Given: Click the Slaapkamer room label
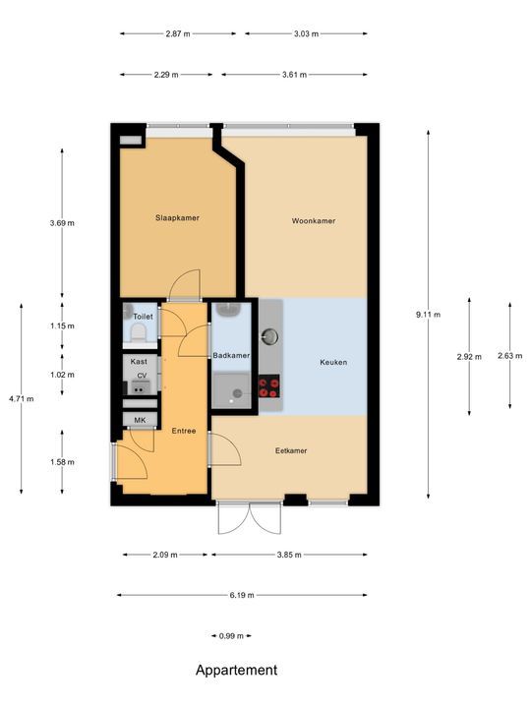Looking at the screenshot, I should (177, 217).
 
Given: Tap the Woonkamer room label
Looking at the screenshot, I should (313, 221).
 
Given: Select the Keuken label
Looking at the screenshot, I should (333, 362).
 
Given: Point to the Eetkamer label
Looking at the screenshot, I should (290, 450).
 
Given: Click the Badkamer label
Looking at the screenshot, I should (231, 355).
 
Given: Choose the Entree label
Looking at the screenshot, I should (184, 430).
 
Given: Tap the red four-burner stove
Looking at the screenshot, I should (269, 387).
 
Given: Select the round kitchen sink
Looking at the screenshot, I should (270, 336).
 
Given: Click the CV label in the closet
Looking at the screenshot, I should (142, 376).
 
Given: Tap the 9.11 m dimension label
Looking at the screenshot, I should (429, 315).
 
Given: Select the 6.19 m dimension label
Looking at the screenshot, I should (242, 595).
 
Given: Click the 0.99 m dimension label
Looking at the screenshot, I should (231, 636).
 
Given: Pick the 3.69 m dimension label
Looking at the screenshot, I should (62, 223).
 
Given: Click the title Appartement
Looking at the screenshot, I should (236, 671).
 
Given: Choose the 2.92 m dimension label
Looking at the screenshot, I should (469, 356).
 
